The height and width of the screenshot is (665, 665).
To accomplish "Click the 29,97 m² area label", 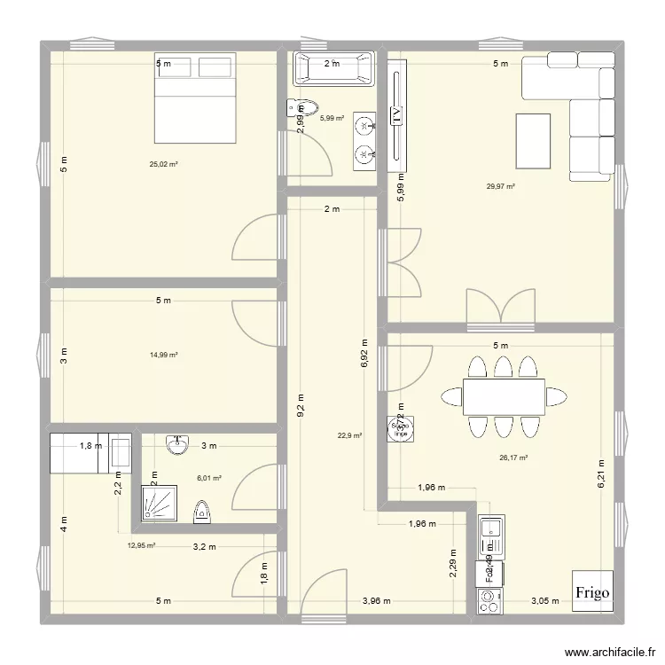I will [x=501, y=186].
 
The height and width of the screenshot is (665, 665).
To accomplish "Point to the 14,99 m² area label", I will [x=164, y=355].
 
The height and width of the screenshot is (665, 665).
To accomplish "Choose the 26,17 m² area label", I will [x=513, y=458].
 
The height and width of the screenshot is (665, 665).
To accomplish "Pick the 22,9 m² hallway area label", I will [x=348, y=435].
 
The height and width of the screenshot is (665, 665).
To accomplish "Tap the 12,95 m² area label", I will [x=142, y=546].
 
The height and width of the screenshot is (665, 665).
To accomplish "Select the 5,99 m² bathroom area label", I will [x=332, y=118].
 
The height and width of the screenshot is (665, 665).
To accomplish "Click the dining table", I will [x=504, y=396].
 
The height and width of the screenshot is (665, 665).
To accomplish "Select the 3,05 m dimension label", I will [x=545, y=601].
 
